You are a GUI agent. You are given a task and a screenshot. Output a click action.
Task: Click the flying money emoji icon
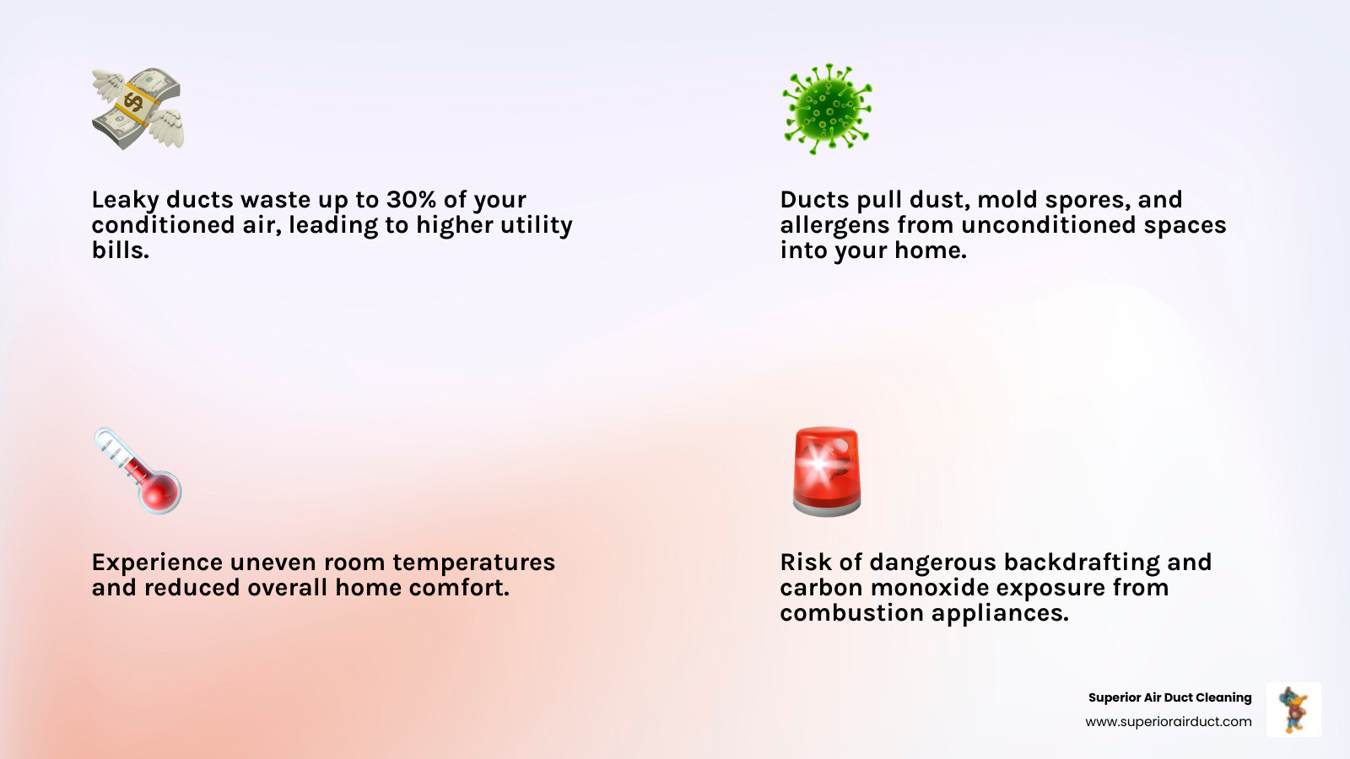138,109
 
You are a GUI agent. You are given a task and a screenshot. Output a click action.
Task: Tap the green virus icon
827,109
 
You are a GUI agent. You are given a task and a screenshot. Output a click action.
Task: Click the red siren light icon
827,471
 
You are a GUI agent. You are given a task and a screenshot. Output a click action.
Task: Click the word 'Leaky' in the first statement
125,200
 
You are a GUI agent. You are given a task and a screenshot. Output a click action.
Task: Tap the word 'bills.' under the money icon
120,250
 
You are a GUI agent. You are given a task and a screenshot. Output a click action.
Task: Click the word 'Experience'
157,563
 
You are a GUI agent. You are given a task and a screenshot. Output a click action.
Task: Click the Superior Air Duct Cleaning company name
1169,697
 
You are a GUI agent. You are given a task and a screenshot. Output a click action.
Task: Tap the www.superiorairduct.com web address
1168,722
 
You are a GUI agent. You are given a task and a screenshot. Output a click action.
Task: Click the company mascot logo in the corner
1293,709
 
